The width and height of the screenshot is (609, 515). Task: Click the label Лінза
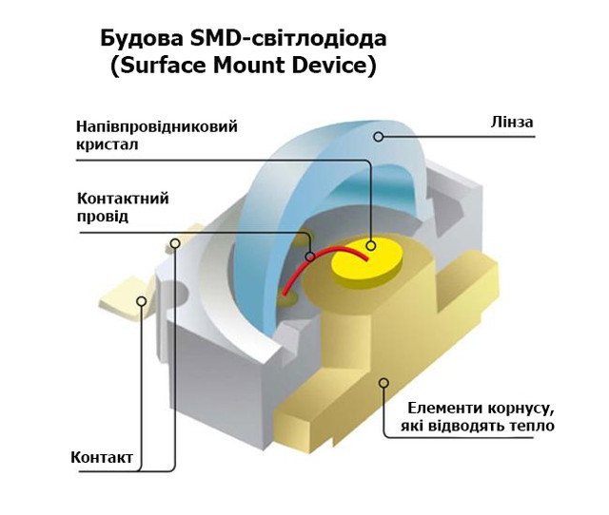pos(513,123)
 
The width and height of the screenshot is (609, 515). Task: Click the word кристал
pos(107,145)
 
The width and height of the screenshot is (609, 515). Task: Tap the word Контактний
pos(122,199)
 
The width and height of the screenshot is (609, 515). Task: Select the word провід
pos(102,217)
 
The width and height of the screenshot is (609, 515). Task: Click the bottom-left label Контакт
pos(102,458)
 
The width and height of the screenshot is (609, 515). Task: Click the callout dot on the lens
pos(378,137)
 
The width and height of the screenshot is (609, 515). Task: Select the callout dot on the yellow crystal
pos(371,247)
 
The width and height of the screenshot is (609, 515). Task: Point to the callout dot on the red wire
pos(309,256)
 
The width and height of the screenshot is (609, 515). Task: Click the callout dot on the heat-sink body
pos(384,383)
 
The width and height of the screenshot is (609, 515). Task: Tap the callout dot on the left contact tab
pos(142,301)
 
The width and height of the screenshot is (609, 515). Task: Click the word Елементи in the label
pos(436,408)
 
